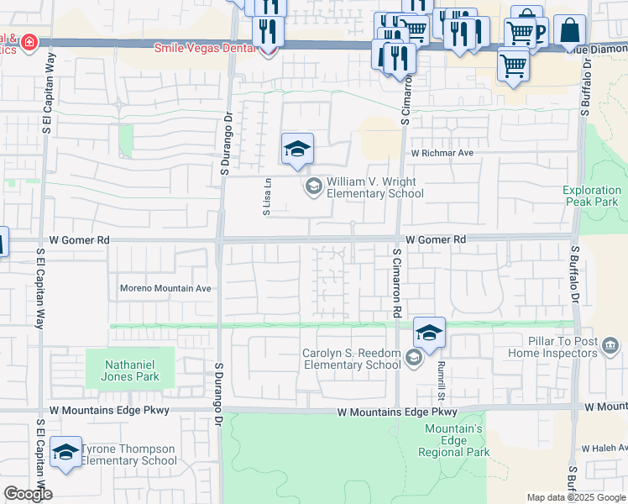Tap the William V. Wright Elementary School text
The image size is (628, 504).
[x=374, y=187]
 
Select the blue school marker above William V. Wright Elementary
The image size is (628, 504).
[x=297, y=150]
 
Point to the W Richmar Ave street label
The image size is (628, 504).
[x=442, y=154]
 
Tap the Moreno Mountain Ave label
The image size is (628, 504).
[x=165, y=288]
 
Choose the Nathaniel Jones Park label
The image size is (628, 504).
[x=131, y=371]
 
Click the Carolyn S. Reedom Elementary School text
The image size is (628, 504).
[x=352, y=359]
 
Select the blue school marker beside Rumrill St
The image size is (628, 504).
[x=429, y=334]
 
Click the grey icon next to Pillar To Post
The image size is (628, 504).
[x=610, y=345]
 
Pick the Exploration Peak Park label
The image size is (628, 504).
[x=591, y=196]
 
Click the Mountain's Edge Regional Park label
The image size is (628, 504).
[x=454, y=440]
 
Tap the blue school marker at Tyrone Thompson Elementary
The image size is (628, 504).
[x=65, y=454]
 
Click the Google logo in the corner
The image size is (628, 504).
[x=27, y=493]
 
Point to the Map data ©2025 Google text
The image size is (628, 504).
[x=575, y=497]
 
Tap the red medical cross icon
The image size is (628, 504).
[x=30, y=41]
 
